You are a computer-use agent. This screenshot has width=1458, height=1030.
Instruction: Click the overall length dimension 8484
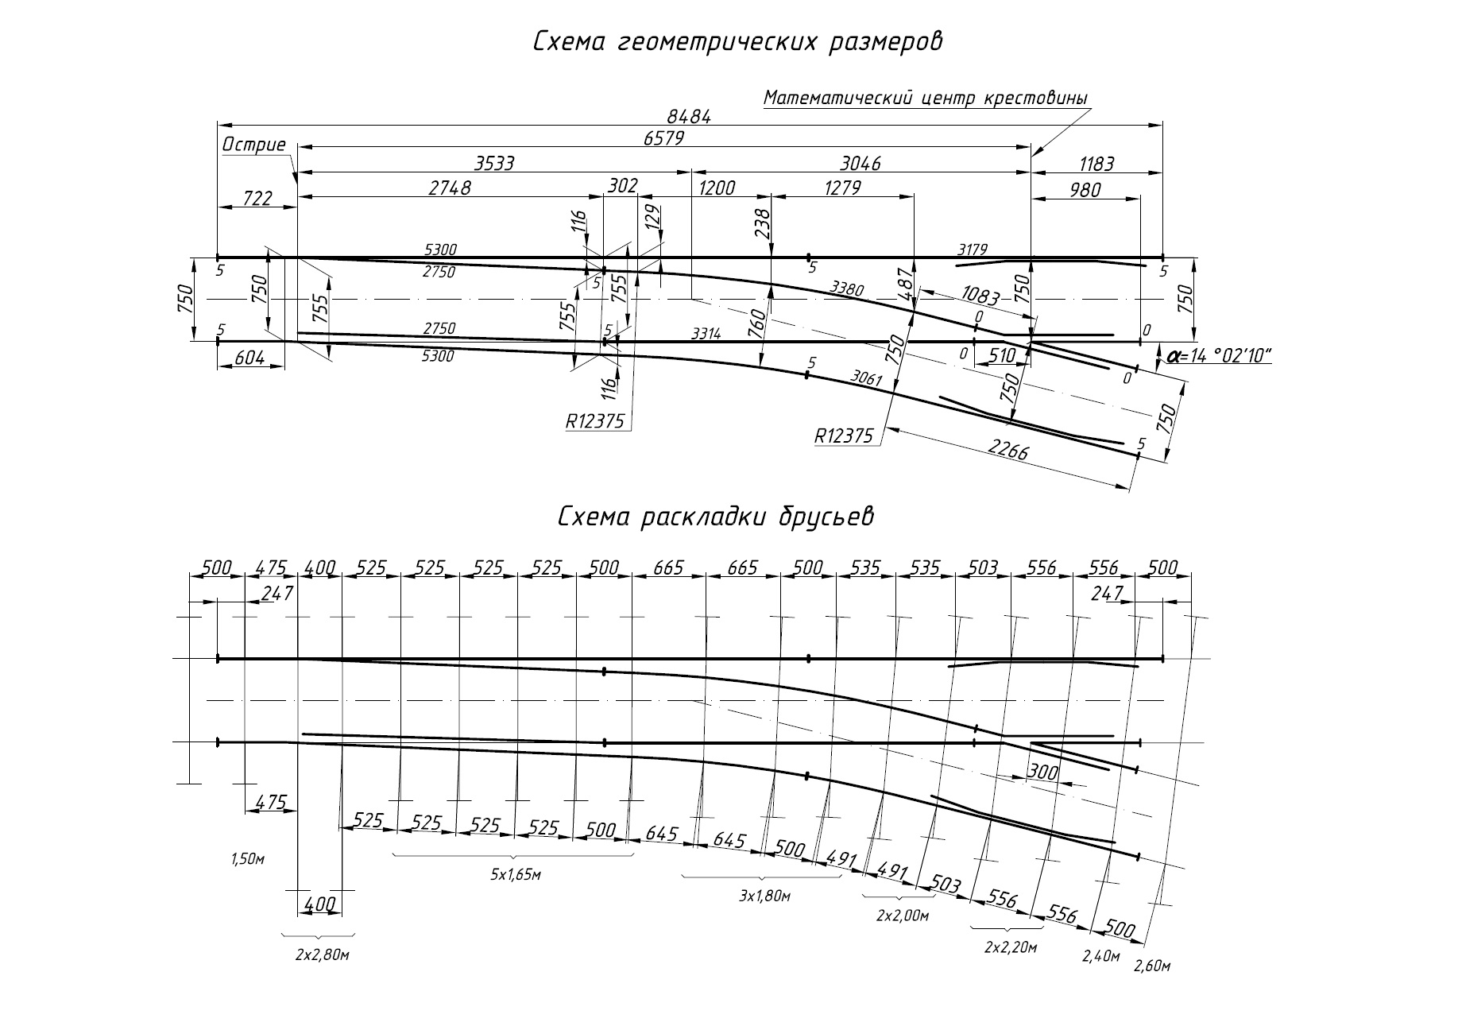[x=689, y=116]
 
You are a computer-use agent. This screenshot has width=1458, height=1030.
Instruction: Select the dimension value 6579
[x=664, y=138]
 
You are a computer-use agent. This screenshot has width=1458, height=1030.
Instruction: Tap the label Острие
[x=253, y=145]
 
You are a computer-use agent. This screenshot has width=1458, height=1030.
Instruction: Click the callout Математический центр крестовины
[x=925, y=98]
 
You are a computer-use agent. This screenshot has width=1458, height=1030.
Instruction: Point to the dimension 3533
[x=494, y=164]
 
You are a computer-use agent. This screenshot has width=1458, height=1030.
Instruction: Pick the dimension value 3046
[x=860, y=164]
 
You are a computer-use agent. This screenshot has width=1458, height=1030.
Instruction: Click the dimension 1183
[x=1096, y=164]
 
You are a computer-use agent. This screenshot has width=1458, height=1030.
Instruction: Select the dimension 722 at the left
[x=256, y=198]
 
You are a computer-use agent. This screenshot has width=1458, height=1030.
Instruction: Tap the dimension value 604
[x=249, y=358]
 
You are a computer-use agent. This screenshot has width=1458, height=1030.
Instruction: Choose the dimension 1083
[x=979, y=296]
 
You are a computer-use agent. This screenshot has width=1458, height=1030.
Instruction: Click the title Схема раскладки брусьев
[x=715, y=517]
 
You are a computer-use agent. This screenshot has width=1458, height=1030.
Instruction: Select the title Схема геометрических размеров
[x=737, y=41]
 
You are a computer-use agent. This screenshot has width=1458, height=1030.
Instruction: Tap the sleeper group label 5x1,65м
[x=515, y=875]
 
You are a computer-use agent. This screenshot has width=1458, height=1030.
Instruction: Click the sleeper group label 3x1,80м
[x=764, y=896]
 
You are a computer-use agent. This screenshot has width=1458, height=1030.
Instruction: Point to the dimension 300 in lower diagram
[x=1043, y=771]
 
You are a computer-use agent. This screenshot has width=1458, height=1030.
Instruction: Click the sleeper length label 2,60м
[x=1153, y=966]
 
